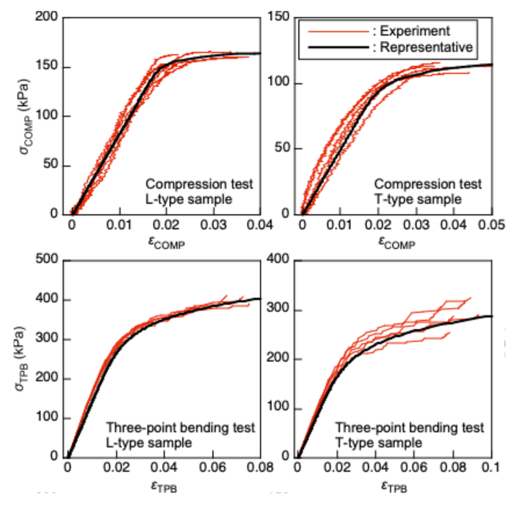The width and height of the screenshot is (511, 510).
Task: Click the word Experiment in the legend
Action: (x=415, y=32)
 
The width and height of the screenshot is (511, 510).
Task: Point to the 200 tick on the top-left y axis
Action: (x=47, y=17)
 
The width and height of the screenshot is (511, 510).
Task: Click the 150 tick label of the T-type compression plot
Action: (x=278, y=17)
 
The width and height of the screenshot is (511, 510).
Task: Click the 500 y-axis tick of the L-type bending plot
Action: (x=47, y=259)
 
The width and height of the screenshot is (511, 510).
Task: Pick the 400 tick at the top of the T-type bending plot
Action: (x=278, y=259)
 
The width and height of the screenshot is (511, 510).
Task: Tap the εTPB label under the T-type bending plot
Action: (x=394, y=486)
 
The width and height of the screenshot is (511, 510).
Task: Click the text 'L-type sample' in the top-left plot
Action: (x=189, y=199)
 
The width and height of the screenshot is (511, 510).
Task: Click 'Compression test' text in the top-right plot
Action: (x=428, y=184)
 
